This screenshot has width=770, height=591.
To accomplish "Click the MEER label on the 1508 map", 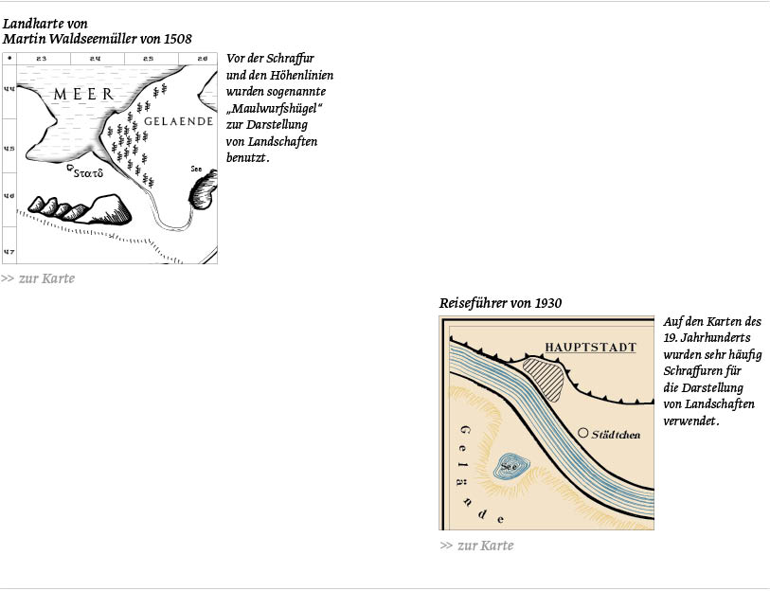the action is click(x=83, y=94).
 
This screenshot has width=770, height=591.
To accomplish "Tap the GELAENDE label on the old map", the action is click(x=179, y=121).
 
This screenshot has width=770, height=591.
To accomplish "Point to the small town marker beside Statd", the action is click(x=70, y=168).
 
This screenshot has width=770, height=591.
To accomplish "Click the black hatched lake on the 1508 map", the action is click(x=204, y=189).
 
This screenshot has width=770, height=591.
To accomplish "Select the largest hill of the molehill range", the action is click(x=109, y=209).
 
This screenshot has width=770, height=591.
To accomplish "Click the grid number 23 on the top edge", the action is click(x=42, y=59).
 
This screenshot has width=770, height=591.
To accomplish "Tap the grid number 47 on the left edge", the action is click(x=9, y=252).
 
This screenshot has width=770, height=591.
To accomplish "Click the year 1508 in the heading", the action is click(x=178, y=39).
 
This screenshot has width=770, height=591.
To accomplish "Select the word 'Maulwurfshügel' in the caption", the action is click(x=276, y=108).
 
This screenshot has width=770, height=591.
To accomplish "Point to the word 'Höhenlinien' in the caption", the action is click(x=301, y=75).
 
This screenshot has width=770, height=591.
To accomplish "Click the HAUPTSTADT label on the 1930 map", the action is click(x=591, y=348).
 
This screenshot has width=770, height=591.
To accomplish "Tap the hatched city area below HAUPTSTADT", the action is click(x=543, y=379).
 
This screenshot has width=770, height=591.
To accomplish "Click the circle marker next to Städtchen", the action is click(x=582, y=433).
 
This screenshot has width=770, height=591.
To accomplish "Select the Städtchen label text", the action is click(x=616, y=435).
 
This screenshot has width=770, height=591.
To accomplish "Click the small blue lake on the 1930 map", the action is click(x=511, y=466).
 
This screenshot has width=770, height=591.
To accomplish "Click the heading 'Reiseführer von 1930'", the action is click(x=500, y=303).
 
